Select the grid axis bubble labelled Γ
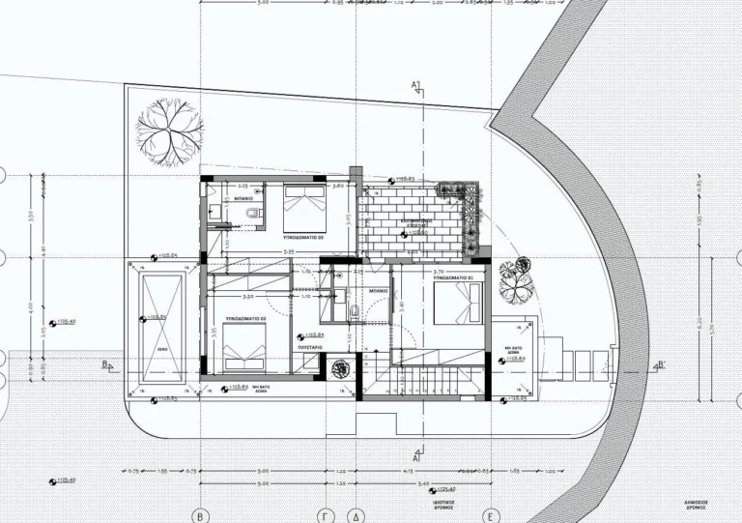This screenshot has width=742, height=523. [x=328, y=515]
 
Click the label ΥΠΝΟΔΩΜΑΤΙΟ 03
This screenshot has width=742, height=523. [x=302, y=236]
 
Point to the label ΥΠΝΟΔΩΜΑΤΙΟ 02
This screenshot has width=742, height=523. [x=246, y=318]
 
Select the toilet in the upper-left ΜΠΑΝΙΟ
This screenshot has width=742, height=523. [x=253, y=212]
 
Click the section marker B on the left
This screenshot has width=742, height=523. [x=104, y=364]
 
